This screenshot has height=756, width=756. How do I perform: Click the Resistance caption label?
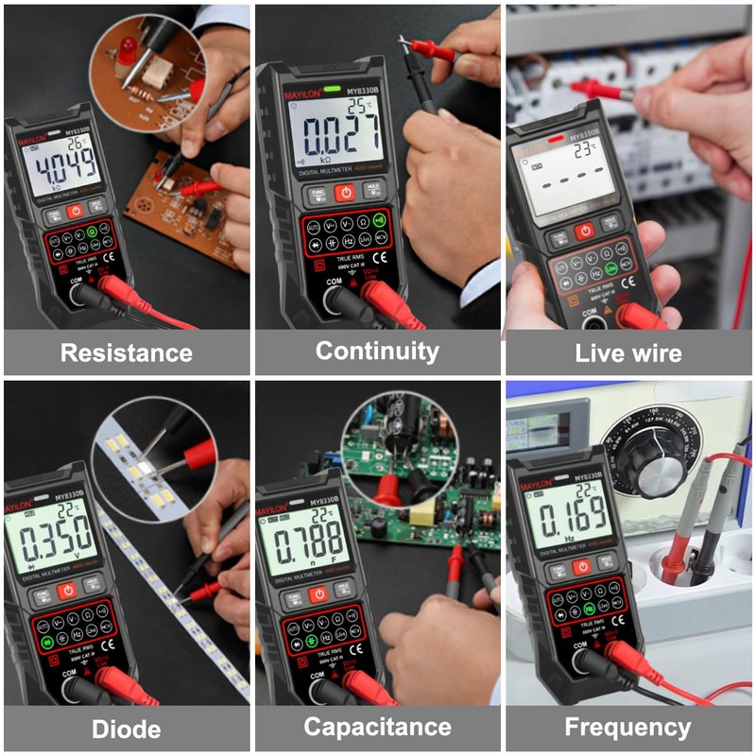pyautogui.click(x=127, y=353)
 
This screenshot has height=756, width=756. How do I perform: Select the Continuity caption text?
pyautogui.click(x=377, y=352)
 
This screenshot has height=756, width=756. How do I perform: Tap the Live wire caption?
pyautogui.click(x=628, y=353)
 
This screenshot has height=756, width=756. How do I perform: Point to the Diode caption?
pyautogui.click(x=127, y=729)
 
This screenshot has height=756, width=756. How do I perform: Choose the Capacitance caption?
pyautogui.click(x=377, y=727)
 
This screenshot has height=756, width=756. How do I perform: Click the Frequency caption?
pyautogui.click(x=628, y=727)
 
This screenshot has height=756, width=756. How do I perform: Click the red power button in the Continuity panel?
pyautogui.click(x=345, y=192)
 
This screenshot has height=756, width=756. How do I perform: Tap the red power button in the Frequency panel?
pyautogui.click(x=582, y=566)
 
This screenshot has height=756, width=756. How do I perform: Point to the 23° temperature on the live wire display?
pyautogui.click(x=586, y=148)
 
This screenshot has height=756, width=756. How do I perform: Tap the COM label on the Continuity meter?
pyautogui.click(x=333, y=281)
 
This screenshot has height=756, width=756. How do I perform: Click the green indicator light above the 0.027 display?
pyautogui.click(x=332, y=91)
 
